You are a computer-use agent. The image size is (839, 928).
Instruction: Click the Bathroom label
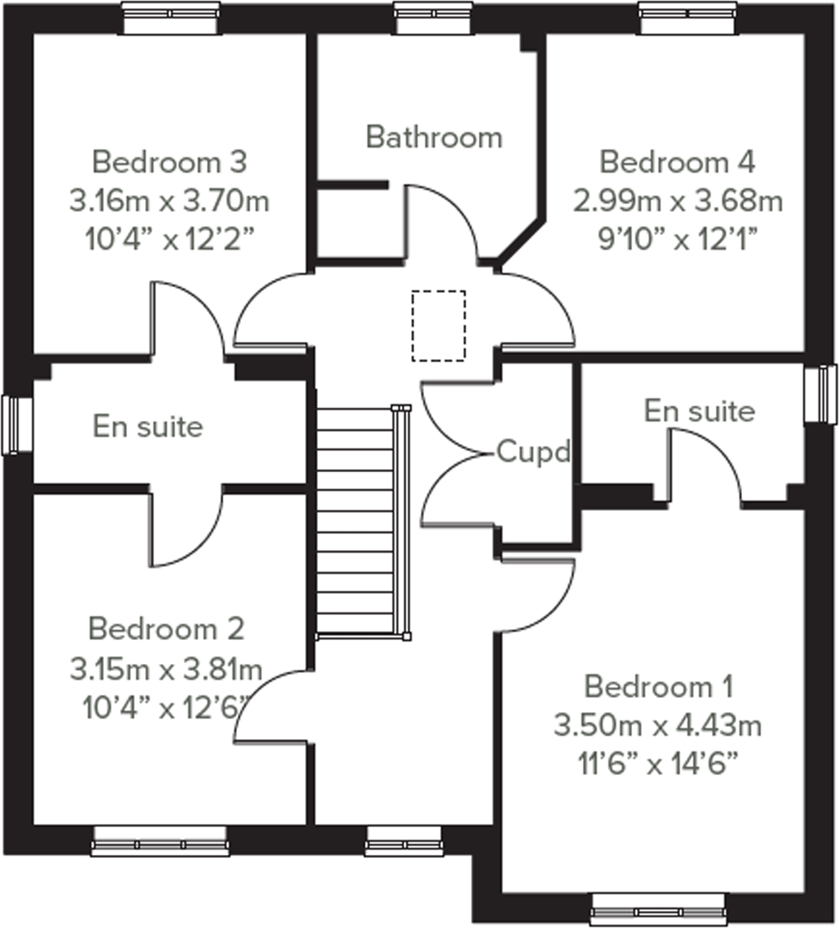pyautogui.click(x=434, y=137)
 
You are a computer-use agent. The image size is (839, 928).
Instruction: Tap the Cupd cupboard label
pyautogui.click(x=533, y=452)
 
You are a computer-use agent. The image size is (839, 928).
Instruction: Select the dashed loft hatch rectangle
pyautogui.click(x=438, y=326)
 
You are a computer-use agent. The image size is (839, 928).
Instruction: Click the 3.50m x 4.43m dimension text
pyautogui.click(x=657, y=725)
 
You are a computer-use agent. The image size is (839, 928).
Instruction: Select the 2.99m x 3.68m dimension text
pyautogui.click(x=678, y=201)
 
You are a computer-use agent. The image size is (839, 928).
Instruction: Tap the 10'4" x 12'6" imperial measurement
pyautogui.click(x=166, y=708)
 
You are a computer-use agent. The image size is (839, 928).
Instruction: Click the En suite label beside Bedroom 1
pyautogui.click(x=699, y=411)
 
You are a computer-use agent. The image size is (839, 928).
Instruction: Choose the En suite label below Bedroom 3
pyautogui.click(x=147, y=427)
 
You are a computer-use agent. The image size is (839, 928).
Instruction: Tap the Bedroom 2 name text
pyautogui.click(x=166, y=629)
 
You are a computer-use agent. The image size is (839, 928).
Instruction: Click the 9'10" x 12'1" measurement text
pyautogui.click(x=678, y=239)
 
